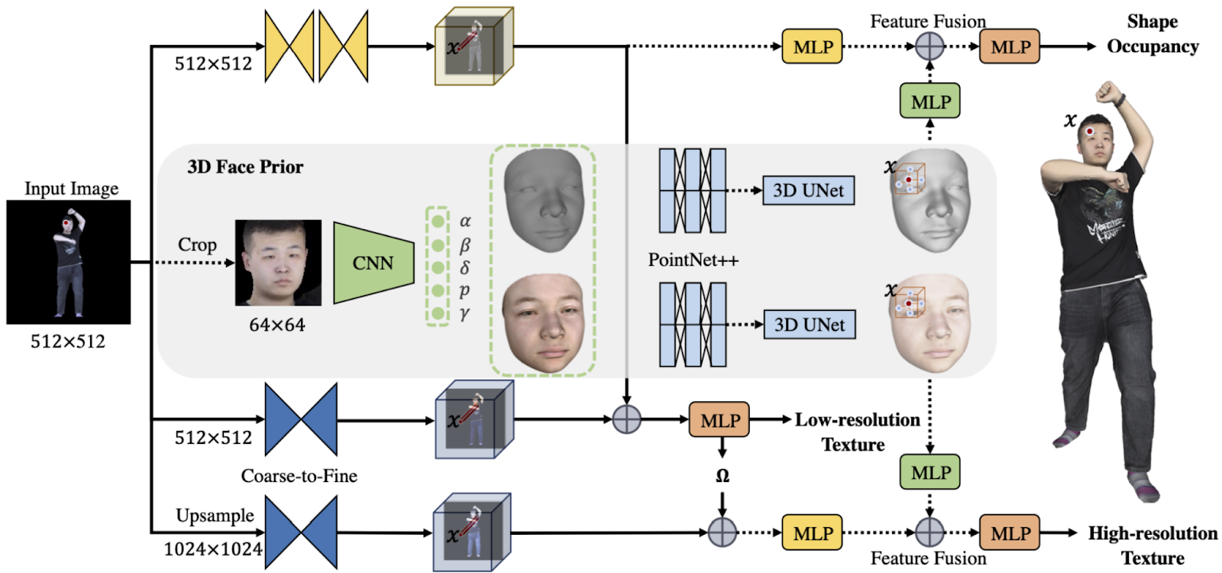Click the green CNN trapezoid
coord(373,263)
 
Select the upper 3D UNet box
coord(809,190)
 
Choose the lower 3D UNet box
coord(810,325)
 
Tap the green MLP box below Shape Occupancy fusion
coord(930,101)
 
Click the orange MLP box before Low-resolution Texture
coord(719,419)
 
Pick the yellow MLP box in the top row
coord(813,47)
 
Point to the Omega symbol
coord(723,476)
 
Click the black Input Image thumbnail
coord(69,262)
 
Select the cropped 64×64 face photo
coord(278,263)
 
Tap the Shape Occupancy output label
coord(1152,34)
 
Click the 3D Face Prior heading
coord(245,167)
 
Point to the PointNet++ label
coord(693,260)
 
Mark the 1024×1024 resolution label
coord(213,549)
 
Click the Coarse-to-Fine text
coord(299,476)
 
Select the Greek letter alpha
coord(465,221)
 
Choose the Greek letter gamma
coord(465,314)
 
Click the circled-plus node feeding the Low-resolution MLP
coord(627,419)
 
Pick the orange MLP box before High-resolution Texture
coord(1010,532)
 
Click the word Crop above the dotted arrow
coord(197,245)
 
